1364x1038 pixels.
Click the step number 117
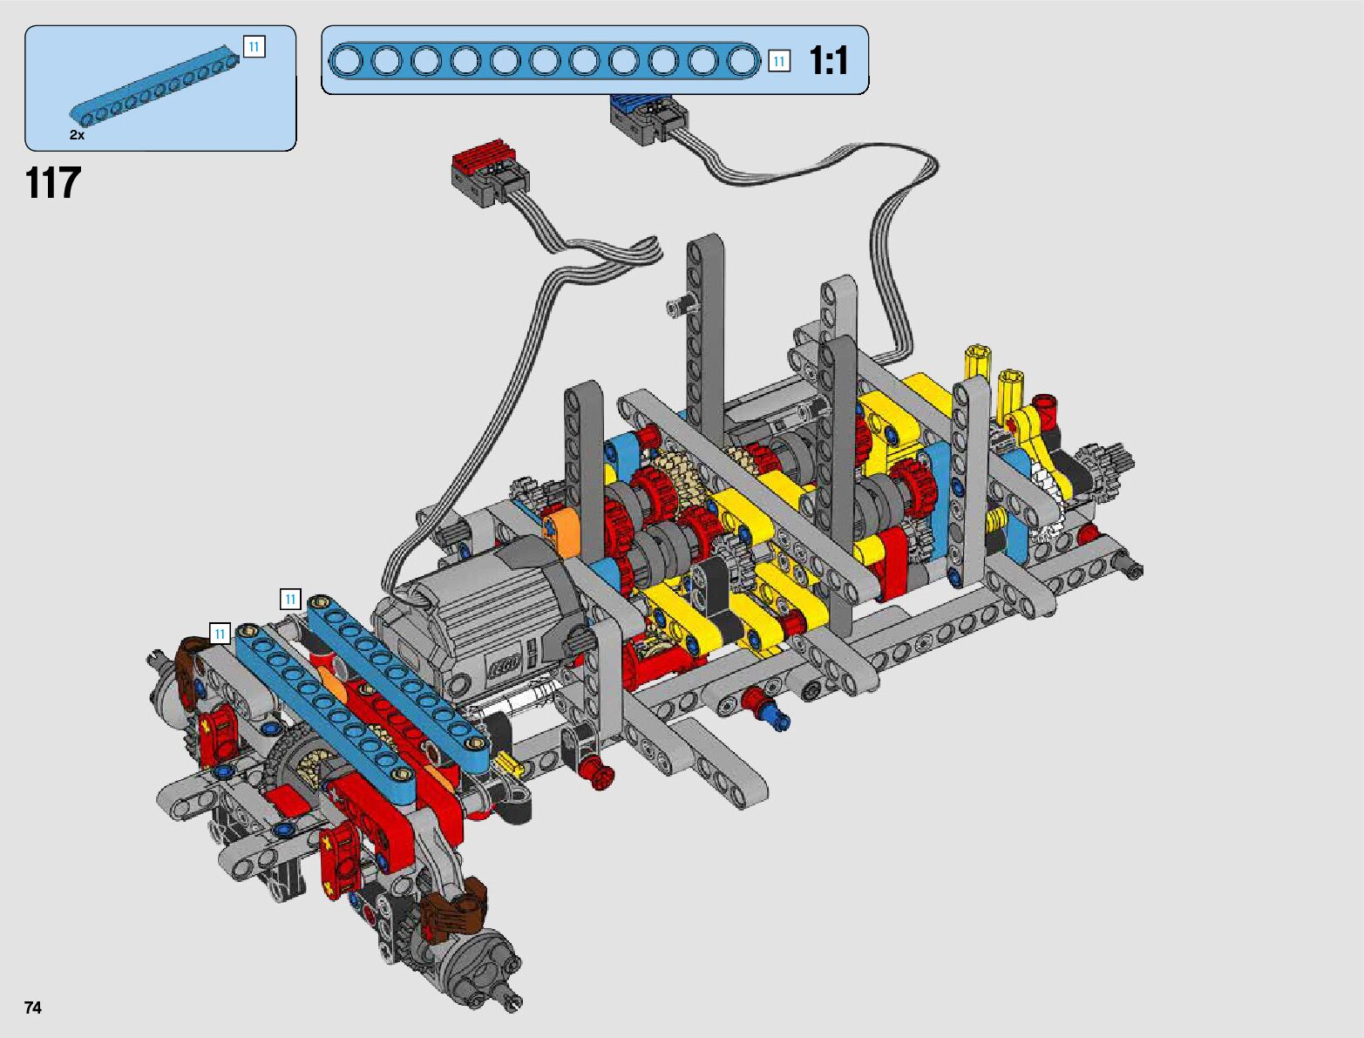(53, 183)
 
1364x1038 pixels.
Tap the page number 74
(33, 1007)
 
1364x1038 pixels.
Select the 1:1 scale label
(828, 61)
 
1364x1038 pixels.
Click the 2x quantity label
(77, 135)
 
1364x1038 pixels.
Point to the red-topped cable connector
(490, 173)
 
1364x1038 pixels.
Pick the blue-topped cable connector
(648, 118)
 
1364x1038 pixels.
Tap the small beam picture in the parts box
(154, 84)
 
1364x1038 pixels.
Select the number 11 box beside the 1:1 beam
(779, 61)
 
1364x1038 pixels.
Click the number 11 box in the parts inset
(254, 46)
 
